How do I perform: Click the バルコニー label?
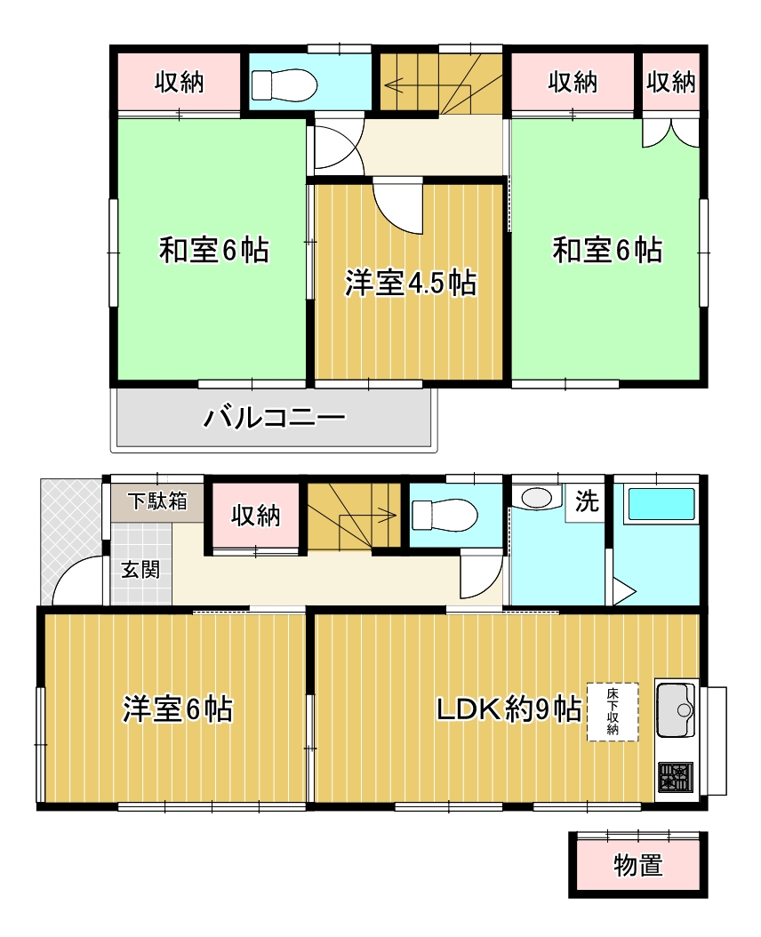[275, 417]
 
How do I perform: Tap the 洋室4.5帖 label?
[411, 283]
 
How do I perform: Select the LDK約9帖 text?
[509, 710]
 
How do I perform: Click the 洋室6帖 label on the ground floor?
[178, 709]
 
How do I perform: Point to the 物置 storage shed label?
[638, 865]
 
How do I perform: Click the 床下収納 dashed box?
[613, 712]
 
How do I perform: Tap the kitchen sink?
[677, 710]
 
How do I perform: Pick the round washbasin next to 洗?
[536, 498]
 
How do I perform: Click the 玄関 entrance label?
[140, 570]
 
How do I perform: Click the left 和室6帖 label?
[214, 250]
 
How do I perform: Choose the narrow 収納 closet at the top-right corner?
[671, 82]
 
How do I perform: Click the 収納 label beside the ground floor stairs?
[256, 515]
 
